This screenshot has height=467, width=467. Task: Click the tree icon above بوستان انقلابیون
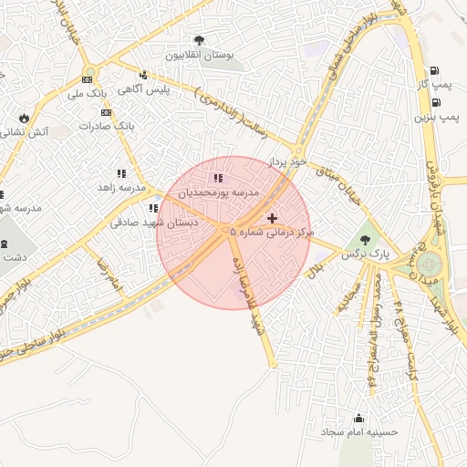(x=199, y=39)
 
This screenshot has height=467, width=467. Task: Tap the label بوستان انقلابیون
(x=199, y=55)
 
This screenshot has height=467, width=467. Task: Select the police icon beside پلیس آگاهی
(x=143, y=76)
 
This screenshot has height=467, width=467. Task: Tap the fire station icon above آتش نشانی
(x=23, y=118)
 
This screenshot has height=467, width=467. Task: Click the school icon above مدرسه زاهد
(x=121, y=172)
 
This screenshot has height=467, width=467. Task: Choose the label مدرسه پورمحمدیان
(x=218, y=193)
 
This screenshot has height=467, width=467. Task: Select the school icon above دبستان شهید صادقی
(x=153, y=208)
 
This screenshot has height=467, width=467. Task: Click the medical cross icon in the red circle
(x=272, y=218)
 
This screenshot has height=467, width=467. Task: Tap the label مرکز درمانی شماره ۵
(x=273, y=233)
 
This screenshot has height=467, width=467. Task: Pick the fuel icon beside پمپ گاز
(x=432, y=71)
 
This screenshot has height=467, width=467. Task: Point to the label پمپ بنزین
(x=436, y=117)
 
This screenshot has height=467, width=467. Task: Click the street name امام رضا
(x=109, y=274)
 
